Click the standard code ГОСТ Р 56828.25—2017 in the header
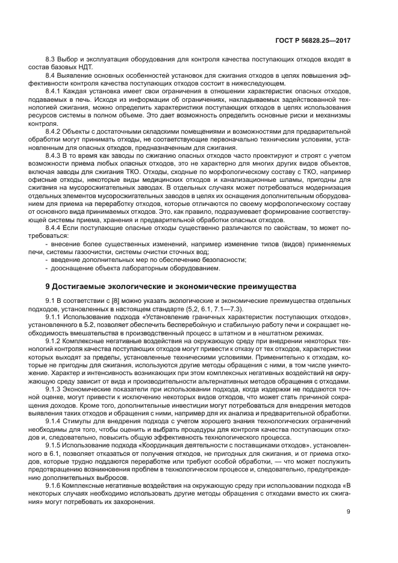tap(316, 40)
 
